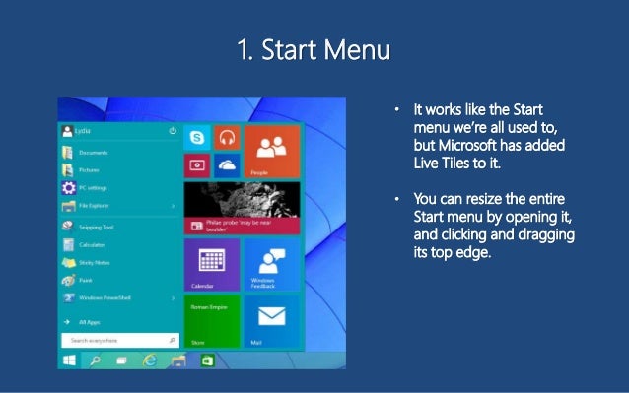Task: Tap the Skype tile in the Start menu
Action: pyautogui.click(x=197, y=139)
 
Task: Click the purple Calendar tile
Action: pyautogui.click(x=212, y=263)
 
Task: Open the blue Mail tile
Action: pyautogui.click(x=271, y=321)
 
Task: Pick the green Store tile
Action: pyautogui.click(x=212, y=321)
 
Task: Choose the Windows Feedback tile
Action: pyautogui.click(x=271, y=263)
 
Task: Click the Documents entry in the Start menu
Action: pyautogui.click(x=93, y=153)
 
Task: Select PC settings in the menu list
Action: pyautogui.click(x=94, y=188)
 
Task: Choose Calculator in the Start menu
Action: pyautogui.click(x=93, y=245)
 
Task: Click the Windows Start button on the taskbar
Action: pyautogui.click(x=69, y=361)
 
